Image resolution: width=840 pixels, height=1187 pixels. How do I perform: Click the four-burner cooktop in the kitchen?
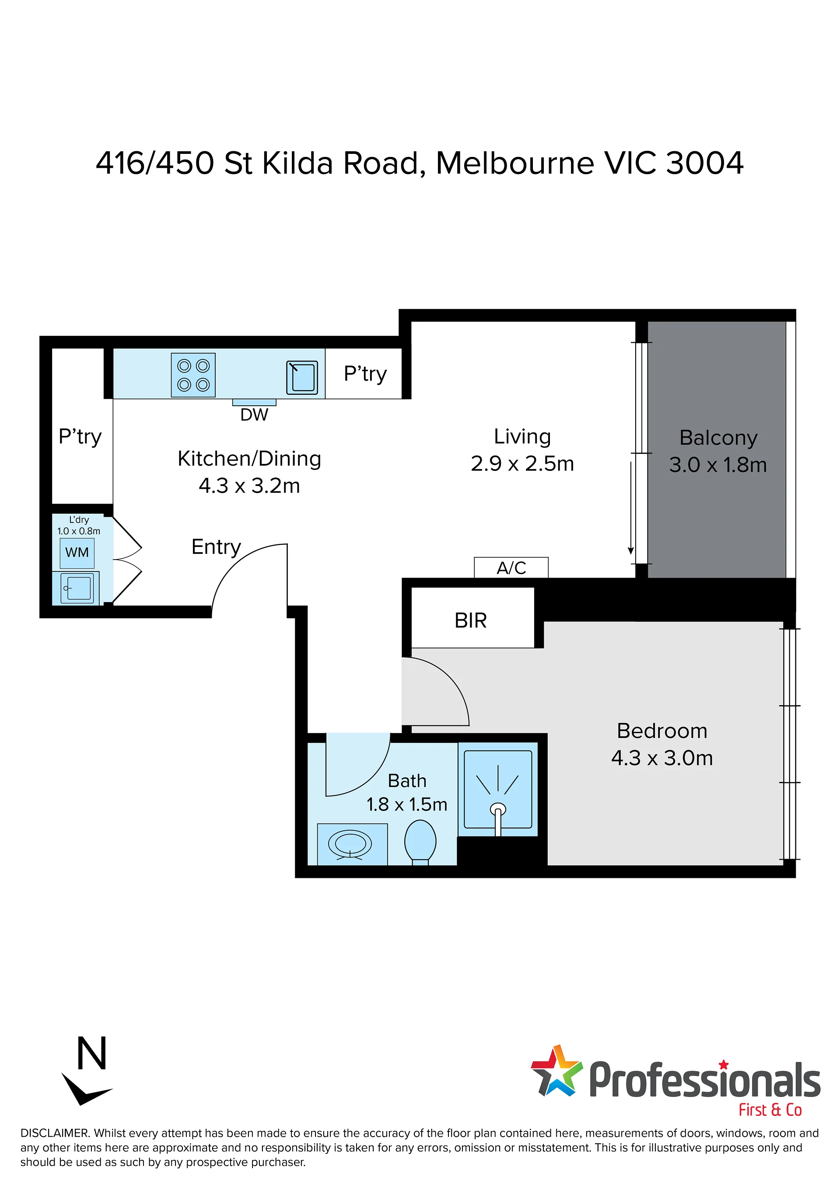tap(193, 375)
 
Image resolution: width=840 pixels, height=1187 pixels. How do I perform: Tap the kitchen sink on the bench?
tap(302, 377)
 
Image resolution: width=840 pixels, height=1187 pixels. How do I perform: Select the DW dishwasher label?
tap(254, 414)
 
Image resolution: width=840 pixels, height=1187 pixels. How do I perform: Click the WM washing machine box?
tap(77, 553)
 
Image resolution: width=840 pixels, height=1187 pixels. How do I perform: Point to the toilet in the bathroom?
tap(420, 842)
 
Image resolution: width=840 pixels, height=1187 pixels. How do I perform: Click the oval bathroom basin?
tap(350, 845)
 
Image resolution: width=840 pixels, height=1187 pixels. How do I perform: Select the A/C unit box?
tap(511, 567)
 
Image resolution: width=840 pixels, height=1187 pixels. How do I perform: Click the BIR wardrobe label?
tap(471, 620)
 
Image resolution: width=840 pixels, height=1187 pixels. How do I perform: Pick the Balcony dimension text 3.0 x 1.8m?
tap(718, 465)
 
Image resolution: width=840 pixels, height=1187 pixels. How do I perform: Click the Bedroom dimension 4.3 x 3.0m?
tap(662, 758)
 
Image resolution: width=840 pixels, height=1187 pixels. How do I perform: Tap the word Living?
tap(522, 437)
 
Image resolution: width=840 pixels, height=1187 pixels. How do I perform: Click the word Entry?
tap(216, 547)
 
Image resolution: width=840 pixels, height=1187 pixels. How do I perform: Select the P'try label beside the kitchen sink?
tap(365, 374)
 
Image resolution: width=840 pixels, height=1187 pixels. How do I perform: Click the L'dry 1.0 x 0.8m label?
tap(79, 525)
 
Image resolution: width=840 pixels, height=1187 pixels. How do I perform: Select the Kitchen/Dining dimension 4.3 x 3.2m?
tap(249, 486)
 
